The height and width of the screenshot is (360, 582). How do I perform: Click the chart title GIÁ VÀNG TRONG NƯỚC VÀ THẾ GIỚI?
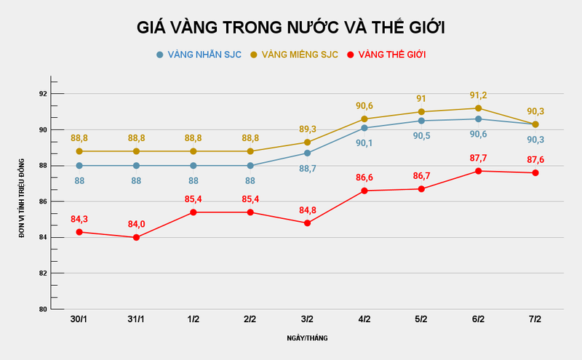[x=291, y=28]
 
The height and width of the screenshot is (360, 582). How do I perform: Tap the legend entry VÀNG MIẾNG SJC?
[x=295, y=55]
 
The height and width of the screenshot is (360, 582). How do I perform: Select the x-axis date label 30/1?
[x=79, y=320]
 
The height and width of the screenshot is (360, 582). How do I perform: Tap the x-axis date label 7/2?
[x=535, y=320]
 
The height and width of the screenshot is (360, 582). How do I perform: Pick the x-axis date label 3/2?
[x=307, y=320]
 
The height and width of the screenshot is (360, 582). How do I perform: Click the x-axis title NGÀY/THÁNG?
[x=306, y=338]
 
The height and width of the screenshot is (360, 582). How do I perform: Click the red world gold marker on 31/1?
[x=136, y=237]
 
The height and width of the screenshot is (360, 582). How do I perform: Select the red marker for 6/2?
[x=478, y=171]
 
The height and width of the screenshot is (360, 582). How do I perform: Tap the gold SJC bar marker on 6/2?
[x=478, y=108]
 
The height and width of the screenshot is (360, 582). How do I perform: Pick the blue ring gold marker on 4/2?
[x=364, y=128]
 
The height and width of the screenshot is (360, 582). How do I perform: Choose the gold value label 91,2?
[x=478, y=95]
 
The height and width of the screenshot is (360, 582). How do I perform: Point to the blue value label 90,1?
[x=364, y=143]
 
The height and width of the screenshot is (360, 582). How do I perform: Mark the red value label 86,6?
[x=364, y=177]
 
